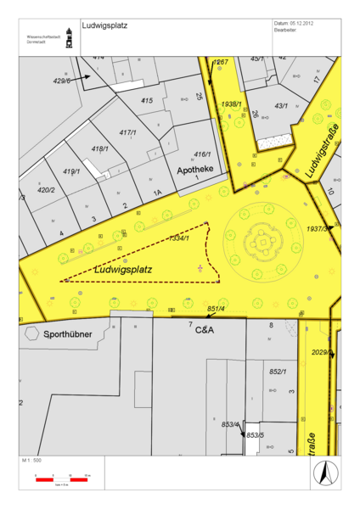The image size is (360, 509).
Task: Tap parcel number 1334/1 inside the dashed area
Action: pos(178,238)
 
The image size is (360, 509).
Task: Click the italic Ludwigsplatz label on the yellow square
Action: pos(123,270)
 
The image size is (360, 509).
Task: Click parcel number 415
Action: pos(147,101)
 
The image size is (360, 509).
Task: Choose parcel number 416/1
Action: pos(202,154)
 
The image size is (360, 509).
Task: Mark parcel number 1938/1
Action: pos(232,103)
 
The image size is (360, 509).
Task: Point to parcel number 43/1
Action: pos(282,105)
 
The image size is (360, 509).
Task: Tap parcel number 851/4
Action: pos(216,309)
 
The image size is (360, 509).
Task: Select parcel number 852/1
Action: pos(278,372)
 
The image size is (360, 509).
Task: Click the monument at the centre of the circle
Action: pos(265,243)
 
